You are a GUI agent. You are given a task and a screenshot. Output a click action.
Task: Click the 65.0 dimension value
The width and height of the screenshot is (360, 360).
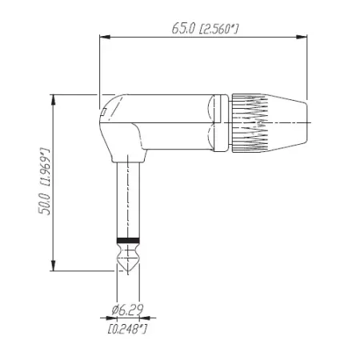pyautogui.click(x=182, y=28)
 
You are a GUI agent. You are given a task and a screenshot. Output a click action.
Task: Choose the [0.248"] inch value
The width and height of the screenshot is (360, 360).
pyautogui.click(x=127, y=327)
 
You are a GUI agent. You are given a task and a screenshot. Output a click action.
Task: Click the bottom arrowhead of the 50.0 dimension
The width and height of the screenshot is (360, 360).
pyautogui.click(x=54, y=269)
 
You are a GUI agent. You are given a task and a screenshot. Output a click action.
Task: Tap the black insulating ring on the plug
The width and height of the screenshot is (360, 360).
pyautogui.click(x=128, y=240)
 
